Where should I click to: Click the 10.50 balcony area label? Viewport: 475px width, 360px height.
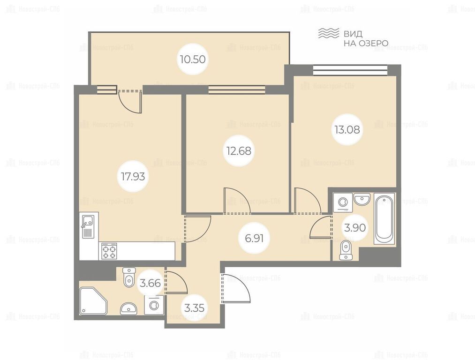[192, 60]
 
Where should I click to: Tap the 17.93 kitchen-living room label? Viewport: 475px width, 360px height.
[133, 176]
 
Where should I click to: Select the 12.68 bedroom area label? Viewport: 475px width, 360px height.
[239, 150]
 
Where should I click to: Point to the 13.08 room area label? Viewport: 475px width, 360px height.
[347, 129]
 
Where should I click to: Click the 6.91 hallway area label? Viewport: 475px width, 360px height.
[254, 239]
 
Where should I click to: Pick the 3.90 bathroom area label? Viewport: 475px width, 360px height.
[355, 227]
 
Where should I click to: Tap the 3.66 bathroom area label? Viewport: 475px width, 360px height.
[150, 284]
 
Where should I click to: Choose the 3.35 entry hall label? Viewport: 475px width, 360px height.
[194, 308]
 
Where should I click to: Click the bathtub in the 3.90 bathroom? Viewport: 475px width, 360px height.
[384, 218]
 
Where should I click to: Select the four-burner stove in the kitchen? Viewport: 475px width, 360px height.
[109, 251]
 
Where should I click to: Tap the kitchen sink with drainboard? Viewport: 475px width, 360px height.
[88, 226]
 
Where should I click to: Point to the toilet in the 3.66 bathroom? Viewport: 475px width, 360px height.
[129, 277]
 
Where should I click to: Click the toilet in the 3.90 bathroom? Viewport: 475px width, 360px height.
[346, 251]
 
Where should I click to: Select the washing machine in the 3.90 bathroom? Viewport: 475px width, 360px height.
[343, 202]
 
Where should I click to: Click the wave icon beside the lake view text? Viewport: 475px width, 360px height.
[328, 33]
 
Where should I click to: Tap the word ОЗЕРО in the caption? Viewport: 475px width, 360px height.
[373, 43]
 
